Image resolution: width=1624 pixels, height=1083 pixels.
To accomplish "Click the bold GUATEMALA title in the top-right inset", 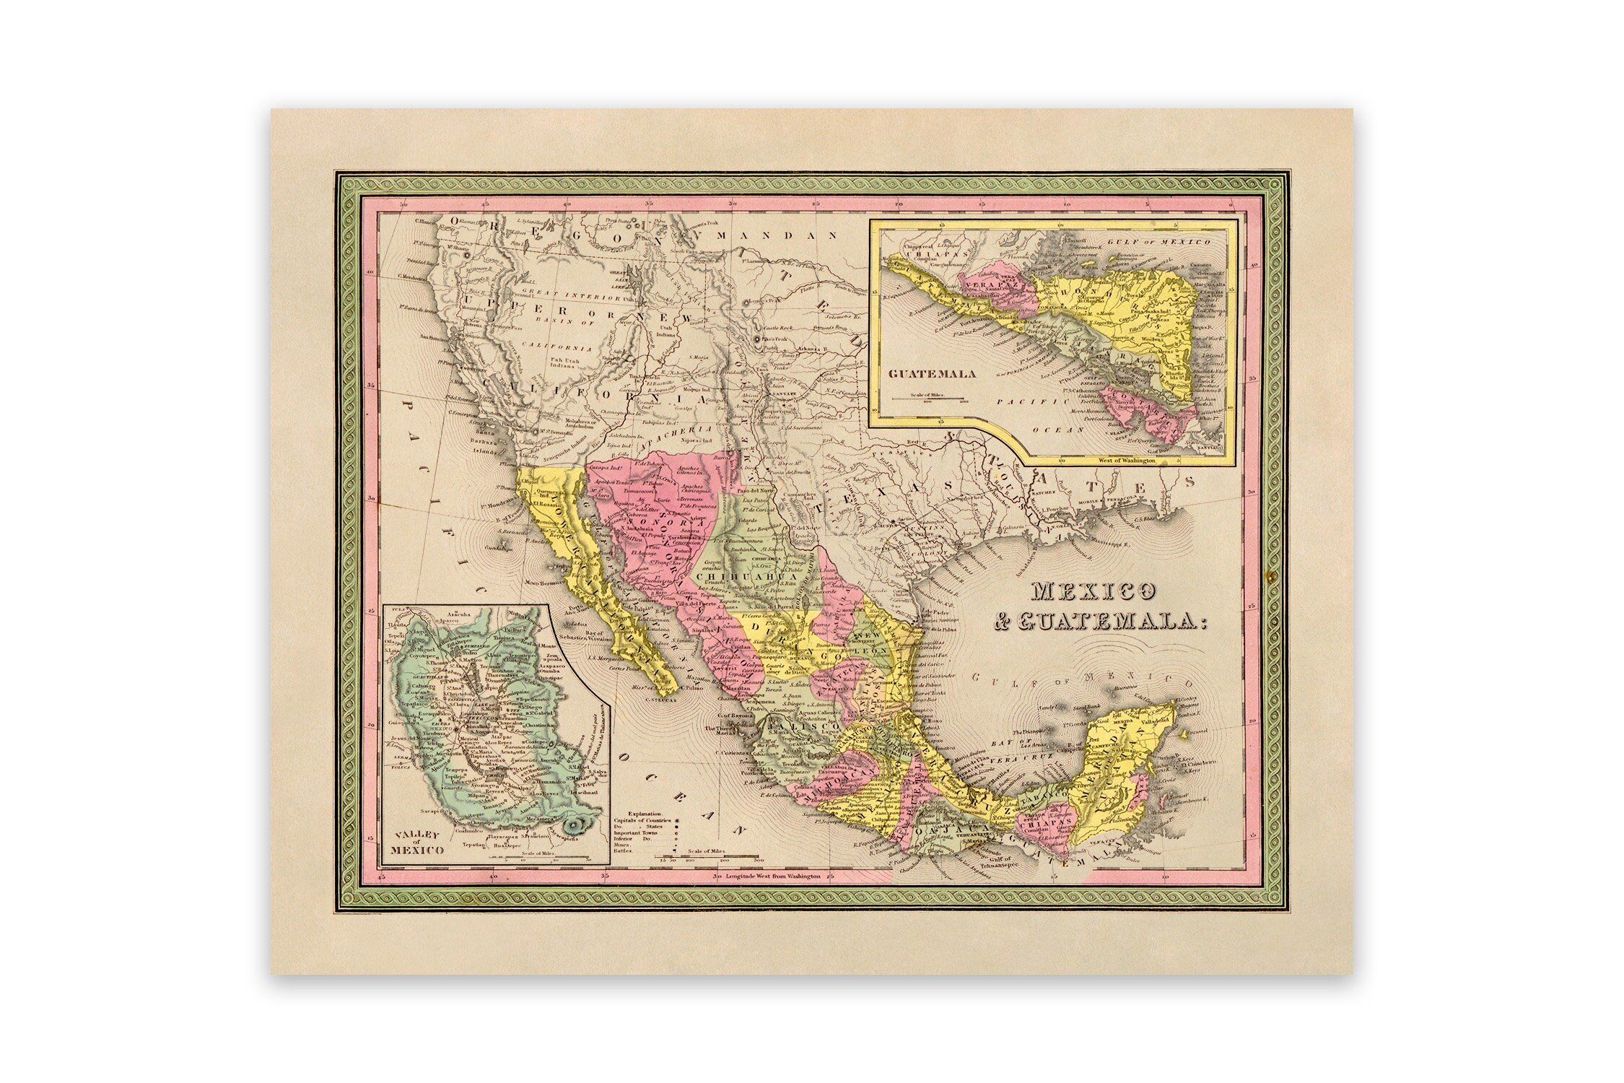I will [931, 374].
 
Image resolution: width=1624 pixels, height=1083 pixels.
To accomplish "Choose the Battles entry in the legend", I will [624, 851].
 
